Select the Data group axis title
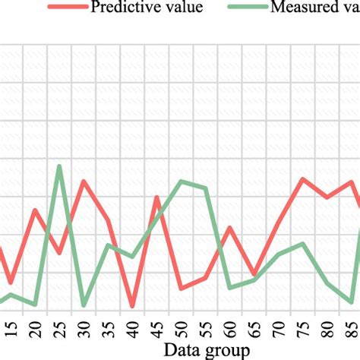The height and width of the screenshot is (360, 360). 181,351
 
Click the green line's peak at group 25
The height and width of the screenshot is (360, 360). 59,166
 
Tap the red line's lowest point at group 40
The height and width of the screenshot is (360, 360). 132,306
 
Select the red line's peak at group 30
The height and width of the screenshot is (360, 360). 84,182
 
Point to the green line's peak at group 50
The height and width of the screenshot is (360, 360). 181,181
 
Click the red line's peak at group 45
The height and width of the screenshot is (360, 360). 156,197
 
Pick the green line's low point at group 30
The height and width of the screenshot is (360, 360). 84,305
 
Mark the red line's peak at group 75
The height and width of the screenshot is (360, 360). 303,179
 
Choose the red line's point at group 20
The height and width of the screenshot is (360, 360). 35,210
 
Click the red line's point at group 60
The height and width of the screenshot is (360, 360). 230,227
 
